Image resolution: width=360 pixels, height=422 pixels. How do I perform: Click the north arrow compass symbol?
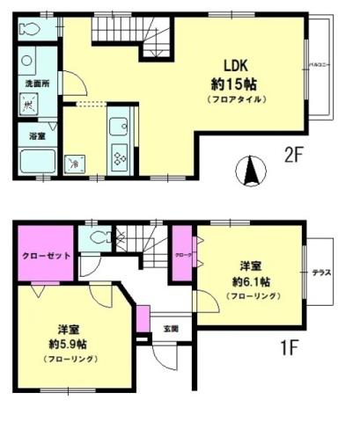tap(250, 169)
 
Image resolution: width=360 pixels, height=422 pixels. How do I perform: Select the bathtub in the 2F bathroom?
tap(38, 162)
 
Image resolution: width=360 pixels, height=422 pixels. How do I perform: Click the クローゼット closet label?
tap(42, 256)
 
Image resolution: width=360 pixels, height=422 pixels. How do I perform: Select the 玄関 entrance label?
tap(170, 329)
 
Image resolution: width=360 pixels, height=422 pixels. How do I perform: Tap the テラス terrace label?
tap(320, 273)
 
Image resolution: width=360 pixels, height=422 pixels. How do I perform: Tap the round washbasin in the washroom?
tap(28, 63)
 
